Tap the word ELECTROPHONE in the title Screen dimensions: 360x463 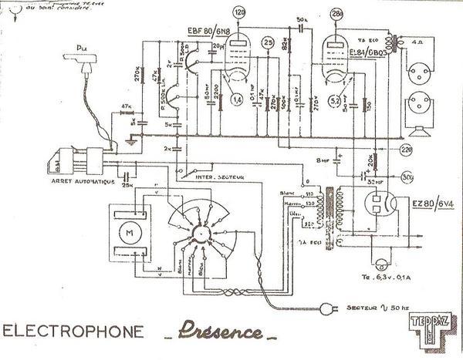[74, 333]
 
